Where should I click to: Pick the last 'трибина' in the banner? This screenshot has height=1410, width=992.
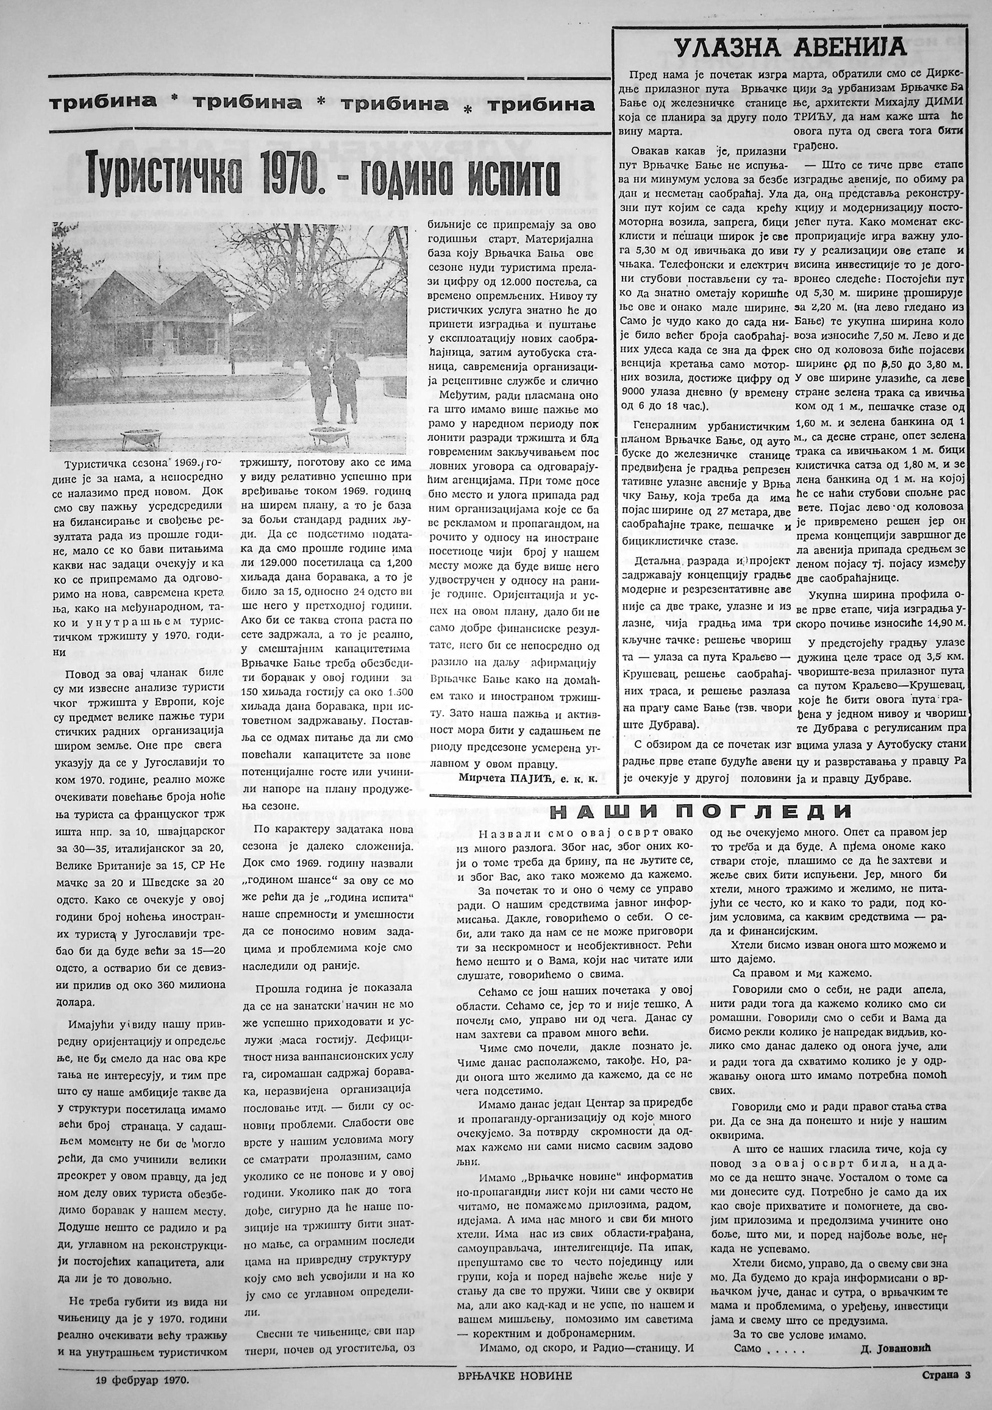[x=541, y=104]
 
